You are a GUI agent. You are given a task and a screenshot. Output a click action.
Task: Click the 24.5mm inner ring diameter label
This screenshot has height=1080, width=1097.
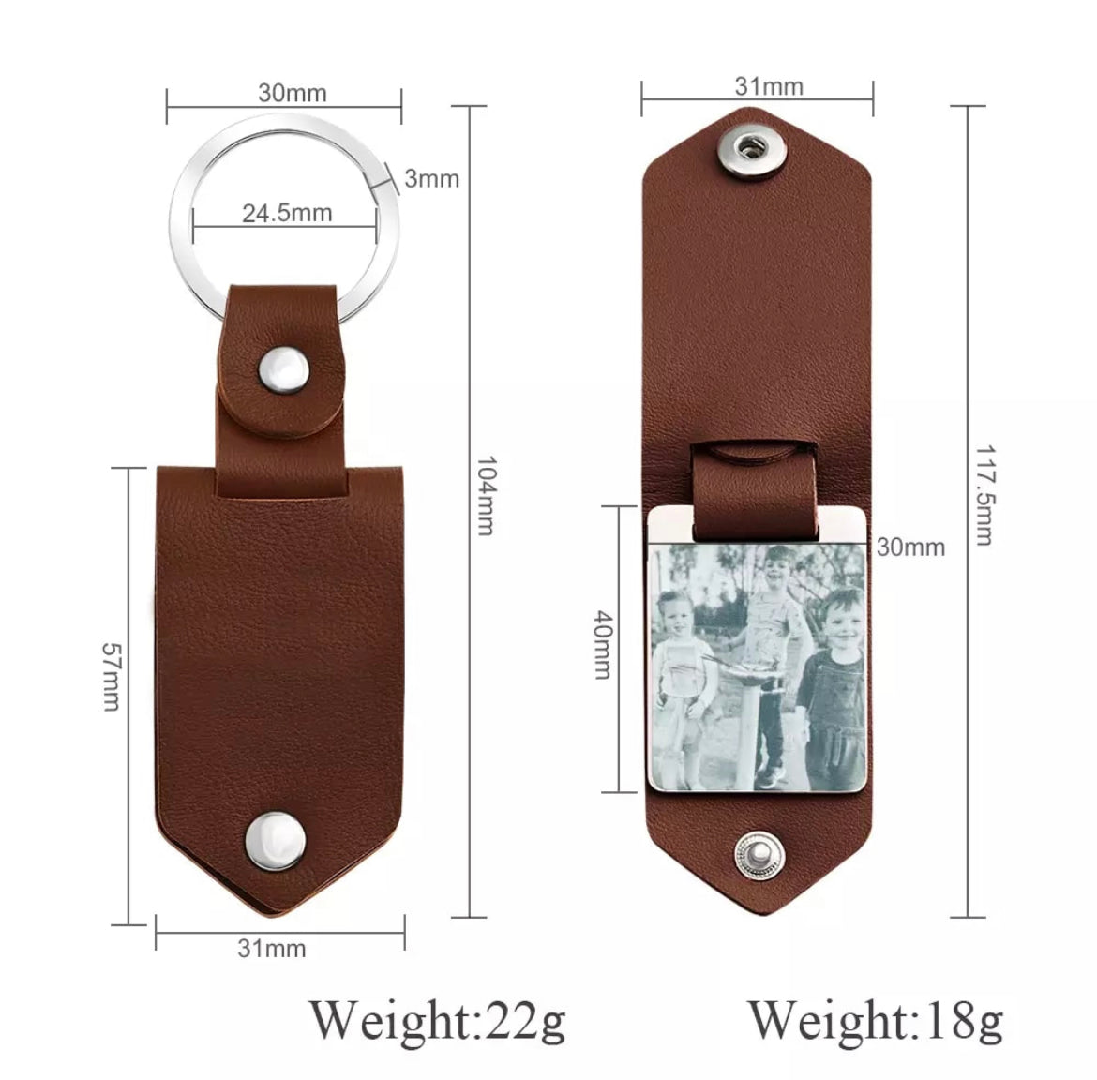tap(287, 213)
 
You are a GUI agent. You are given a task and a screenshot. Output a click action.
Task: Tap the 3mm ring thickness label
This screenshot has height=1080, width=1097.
tap(431, 178)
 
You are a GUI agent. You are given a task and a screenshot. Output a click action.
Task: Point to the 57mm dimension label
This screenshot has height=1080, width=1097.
tap(112, 676)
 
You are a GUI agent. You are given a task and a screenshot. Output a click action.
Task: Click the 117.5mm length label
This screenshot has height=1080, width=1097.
tap(984, 495)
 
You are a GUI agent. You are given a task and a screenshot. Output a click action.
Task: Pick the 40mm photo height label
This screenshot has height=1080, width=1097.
tap(603, 644)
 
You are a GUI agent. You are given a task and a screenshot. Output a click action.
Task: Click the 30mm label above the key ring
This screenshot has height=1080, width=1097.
tap(292, 93)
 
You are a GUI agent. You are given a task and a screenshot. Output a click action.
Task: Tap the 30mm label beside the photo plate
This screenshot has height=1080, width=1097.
tap(910, 547)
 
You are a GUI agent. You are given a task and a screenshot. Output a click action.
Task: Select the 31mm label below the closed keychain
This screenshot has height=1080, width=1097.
tap(272, 949)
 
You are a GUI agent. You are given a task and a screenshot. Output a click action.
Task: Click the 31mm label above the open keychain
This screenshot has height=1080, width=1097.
tap(769, 87)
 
